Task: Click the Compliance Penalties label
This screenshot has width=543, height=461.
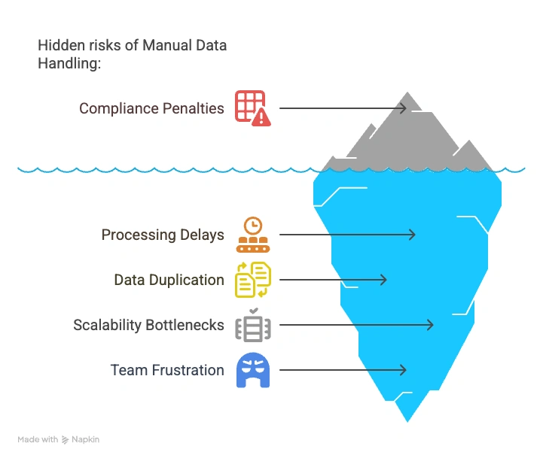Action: pyautogui.click(x=151, y=108)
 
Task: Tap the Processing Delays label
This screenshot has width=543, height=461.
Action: pyautogui.click(x=163, y=235)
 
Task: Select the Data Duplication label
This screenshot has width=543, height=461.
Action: pyautogui.click(x=169, y=280)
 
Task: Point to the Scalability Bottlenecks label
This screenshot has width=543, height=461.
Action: pyautogui.click(x=148, y=325)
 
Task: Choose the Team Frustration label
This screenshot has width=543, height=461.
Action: pyautogui.click(x=167, y=370)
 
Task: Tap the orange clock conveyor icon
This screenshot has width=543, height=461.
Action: pyautogui.click(x=252, y=235)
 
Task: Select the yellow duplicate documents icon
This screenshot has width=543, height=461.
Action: pyautogui.click(x=252, y=280)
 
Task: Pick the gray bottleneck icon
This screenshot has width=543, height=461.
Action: pyautogui.click(x=252, y=325)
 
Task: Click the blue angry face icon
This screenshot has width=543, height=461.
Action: pyautogui.click(x=252, y=370)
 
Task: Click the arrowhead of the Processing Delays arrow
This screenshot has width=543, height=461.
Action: pyautogui.click(x=412, y=235)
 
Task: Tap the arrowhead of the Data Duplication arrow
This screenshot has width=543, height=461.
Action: pyautogui.click(x=383, y=280)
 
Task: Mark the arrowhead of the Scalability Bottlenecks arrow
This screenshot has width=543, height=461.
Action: pyautogui.click(x=431, y=325)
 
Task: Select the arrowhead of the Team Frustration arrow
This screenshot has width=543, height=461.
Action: pyautogui.click(x=404, y=370)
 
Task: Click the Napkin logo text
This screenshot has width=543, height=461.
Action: pyautogui.click(x=87, y=439)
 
